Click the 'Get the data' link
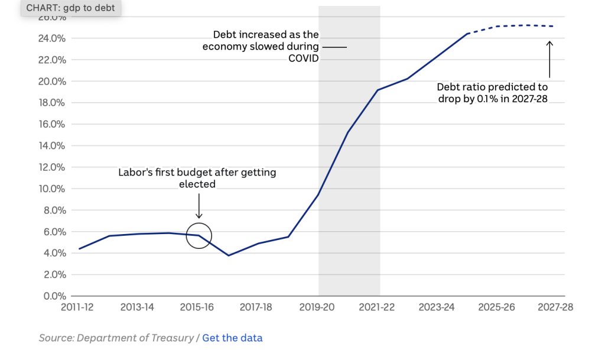tap(232, 338)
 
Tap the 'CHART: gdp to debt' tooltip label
tap(70, 8)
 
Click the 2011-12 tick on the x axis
tap(78, 307)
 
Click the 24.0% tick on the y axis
tap(52, 38)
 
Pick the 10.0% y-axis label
tap(52, 189)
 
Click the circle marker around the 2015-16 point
tap(199, 236)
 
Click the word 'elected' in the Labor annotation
tap(197, 184)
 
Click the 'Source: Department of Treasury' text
tap(116, 338)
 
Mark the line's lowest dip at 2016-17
tap(229, 255)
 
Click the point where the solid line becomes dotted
tap(467, 34)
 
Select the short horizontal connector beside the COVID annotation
tap(334, 46)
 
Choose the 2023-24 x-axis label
tap(437, 307)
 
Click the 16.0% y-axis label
tap(52, 124)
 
